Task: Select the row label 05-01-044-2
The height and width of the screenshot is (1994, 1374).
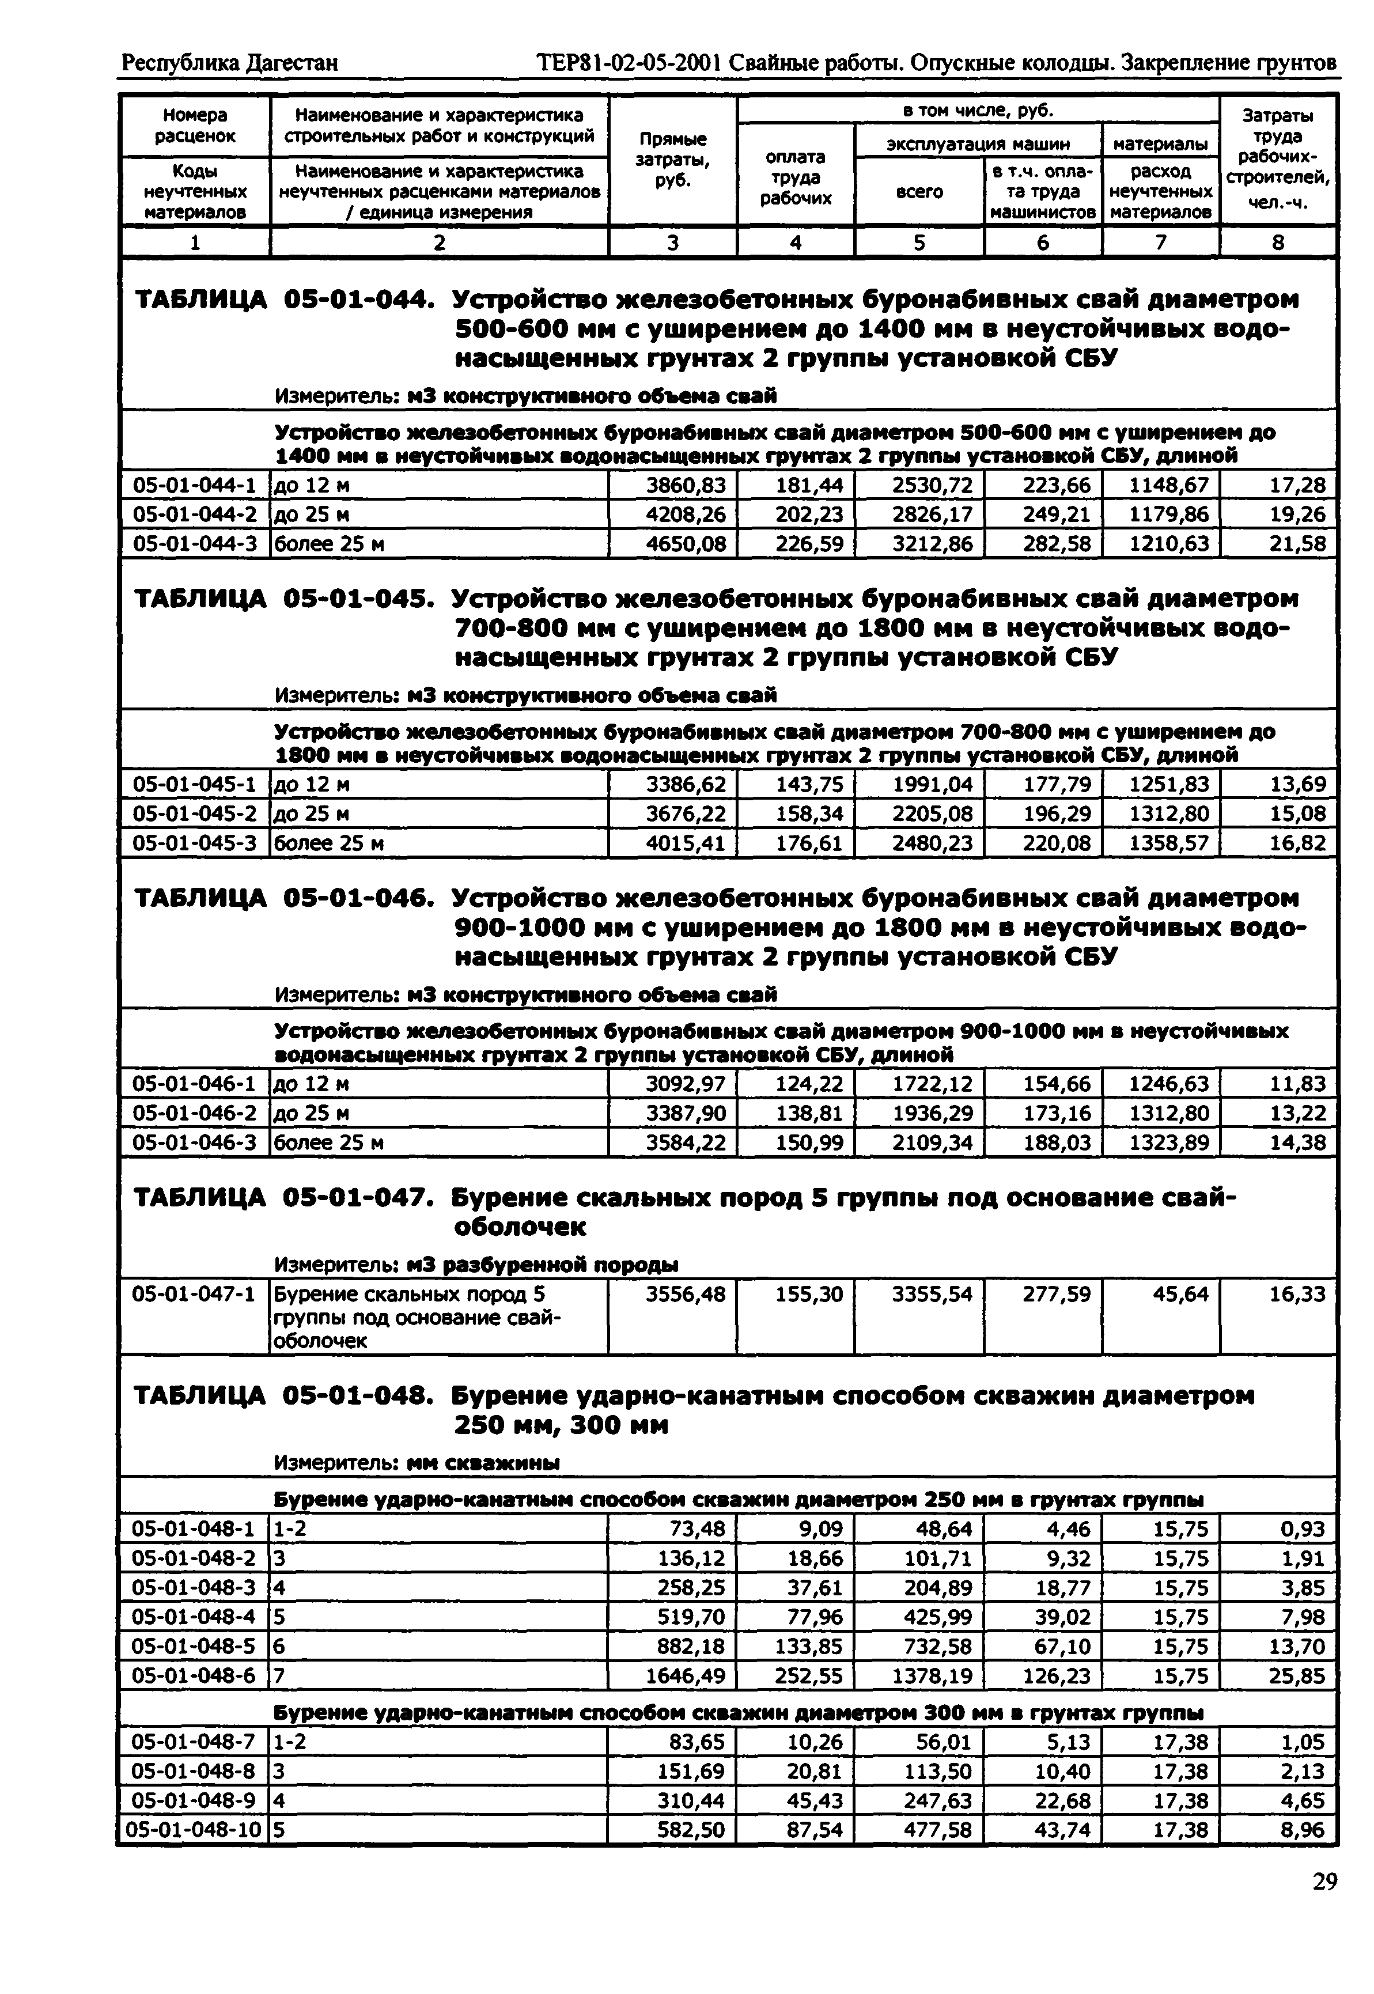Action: [x=195, y=515]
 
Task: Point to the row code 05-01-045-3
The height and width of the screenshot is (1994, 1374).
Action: [x=195, y=843]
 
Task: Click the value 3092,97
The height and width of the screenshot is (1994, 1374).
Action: [x=686, y=1084]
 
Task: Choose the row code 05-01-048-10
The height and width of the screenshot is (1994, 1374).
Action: [x=193, y=1830]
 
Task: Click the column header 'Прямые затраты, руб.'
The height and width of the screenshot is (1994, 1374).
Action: [x=672, y=160]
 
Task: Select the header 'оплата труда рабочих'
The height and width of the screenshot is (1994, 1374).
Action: [x=796, y=177]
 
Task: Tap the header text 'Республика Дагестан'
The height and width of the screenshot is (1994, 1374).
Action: [x=230, y=63]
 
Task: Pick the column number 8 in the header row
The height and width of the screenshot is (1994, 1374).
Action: [x=1278, y=243]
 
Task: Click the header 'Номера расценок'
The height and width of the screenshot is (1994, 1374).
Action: [x=195, y=126]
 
